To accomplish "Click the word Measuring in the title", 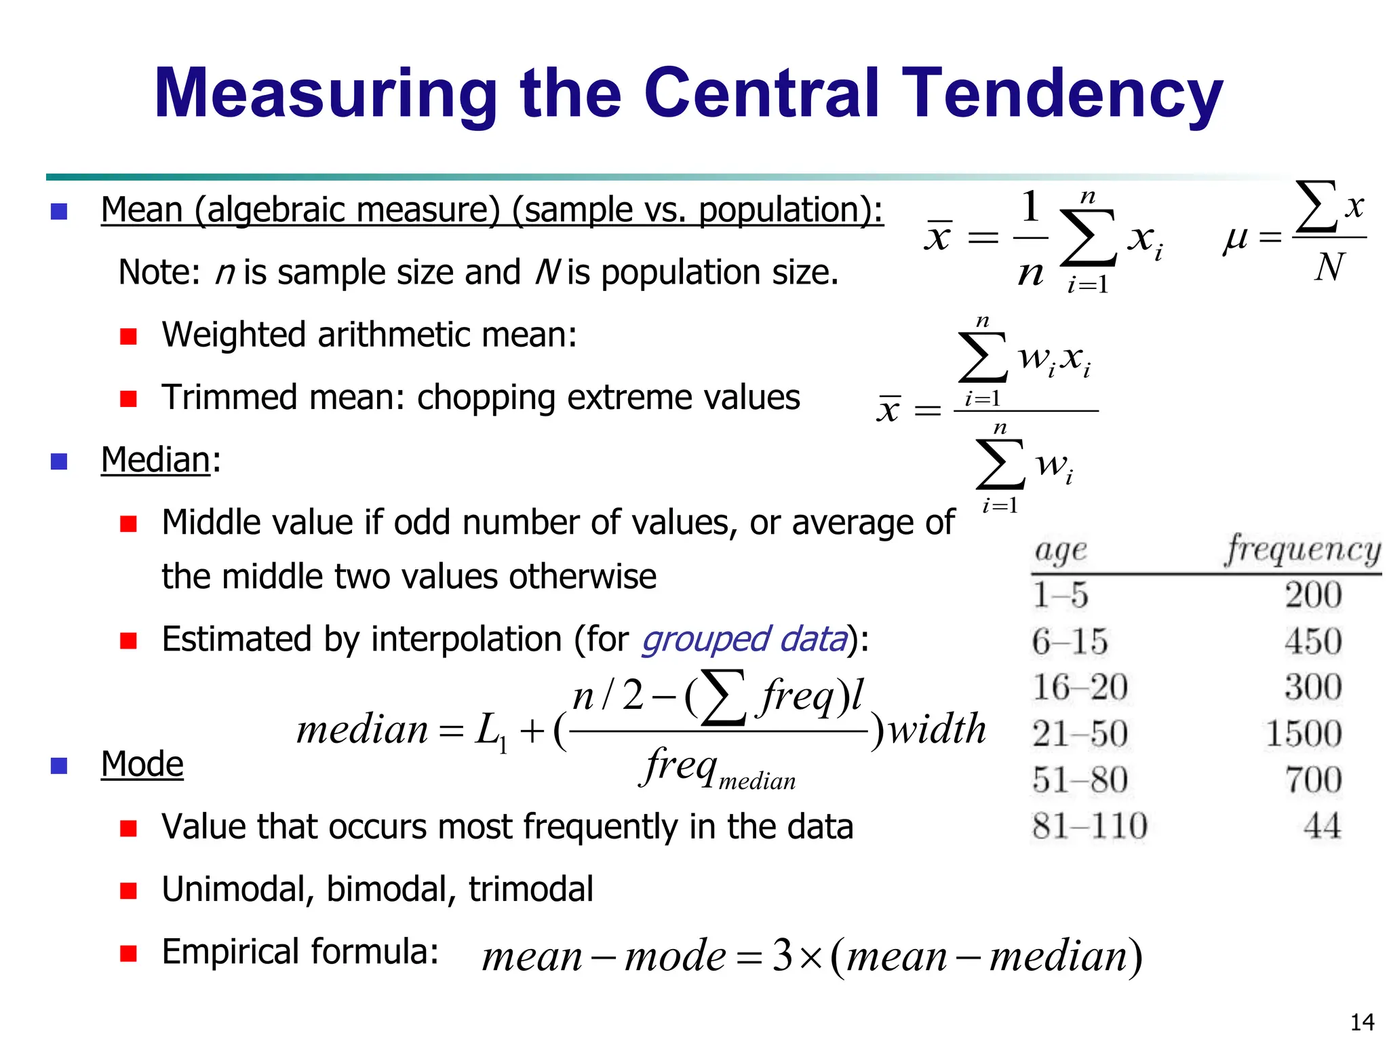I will [326, 95].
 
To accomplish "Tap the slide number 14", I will [1362, 1022].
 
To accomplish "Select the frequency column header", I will [1302, 549].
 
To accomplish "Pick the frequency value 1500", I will [1304, 734].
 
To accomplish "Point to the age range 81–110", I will [1089, 826].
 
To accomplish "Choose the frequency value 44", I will [1322, 826].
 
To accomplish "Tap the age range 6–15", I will [1070, 642].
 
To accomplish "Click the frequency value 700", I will [1313, 780].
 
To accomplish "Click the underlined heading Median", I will [155, 460].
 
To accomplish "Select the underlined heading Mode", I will [142, 765].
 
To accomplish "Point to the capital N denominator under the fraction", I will [1329, 267].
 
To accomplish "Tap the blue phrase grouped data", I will [744, 639].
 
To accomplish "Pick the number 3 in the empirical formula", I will [783, 955].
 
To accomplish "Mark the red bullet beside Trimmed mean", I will [128, 398].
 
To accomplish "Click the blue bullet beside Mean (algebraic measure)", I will [59, 212].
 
